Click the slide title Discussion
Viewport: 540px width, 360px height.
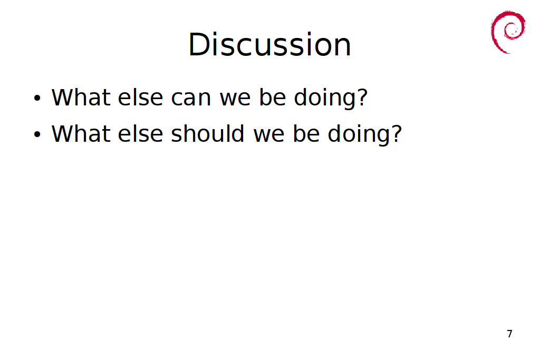click(x=269, y=45)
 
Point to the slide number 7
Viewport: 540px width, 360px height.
click(x=510, y=334)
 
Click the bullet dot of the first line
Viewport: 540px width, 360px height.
click(x=37, y=98)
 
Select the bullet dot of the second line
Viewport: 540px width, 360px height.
click(x=37, y=134)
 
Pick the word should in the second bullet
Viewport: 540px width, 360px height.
click(x=208, y=133)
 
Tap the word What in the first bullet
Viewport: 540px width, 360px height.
click(x=81, y=97)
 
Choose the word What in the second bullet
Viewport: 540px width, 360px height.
click(x=81, y=133)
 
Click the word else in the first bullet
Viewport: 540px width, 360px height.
click(x=140, y=97)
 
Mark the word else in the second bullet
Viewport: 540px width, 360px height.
click(x=140, y=133)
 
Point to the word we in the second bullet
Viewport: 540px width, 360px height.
click(x=269, y=134)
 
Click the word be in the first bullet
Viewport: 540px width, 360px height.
click(x=273, y=97)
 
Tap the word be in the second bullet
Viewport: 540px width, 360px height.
click(x=306, y=133)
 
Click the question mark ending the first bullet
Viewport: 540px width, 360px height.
click(x=362, y=97)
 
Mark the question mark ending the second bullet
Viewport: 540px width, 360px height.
click(x=396, y=133)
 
